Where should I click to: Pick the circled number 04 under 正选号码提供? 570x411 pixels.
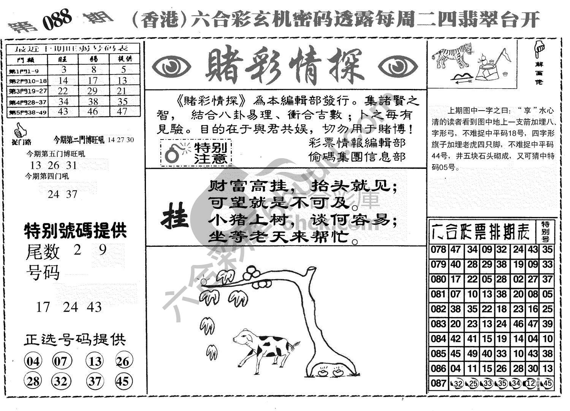pyautogui.click(x=33, y=361)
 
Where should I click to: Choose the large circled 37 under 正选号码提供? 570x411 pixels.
pyautogui.click(x=94, y=381)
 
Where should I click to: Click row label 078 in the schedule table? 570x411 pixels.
pyautogui.click(x=439, y=250)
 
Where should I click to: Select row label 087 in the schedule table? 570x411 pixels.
pyautogui.click(x=439, y=383)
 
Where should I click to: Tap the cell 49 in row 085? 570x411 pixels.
pyautogui.click(x=472, y=354)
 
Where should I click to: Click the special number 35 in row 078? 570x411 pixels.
pyautogui.click(x=547, y=250)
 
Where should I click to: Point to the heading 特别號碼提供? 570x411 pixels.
pyautogui.click(x=75, y=230)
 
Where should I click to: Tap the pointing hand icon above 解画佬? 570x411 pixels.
pyautogui.click(x=538, y=48)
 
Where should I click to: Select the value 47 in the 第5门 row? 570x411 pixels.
pyautogui.click(x=122, y=111)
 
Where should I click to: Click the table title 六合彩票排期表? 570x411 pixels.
pyautogui.click(x=481, y=230)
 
